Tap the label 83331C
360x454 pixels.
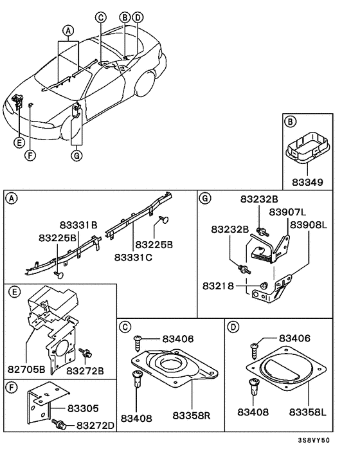click(x=133, y=257)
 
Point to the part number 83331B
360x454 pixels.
click(x=78, y=225)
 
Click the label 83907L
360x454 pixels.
click(x=287, y=212)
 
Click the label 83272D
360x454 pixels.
click(x=95, y=425)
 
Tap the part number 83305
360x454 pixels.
click(x=84, y=407)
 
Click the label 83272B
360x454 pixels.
click(x=85, y=370)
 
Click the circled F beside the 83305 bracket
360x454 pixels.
click(x=12, y=388)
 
